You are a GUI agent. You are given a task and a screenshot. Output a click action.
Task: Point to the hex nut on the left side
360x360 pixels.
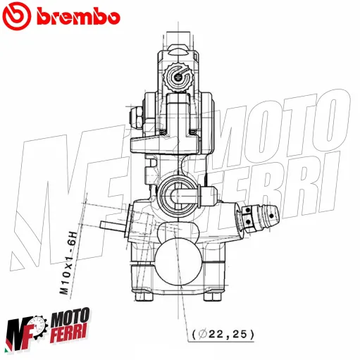click(135, 113)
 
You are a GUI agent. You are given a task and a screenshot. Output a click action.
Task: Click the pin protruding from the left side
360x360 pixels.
click(111, 225)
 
